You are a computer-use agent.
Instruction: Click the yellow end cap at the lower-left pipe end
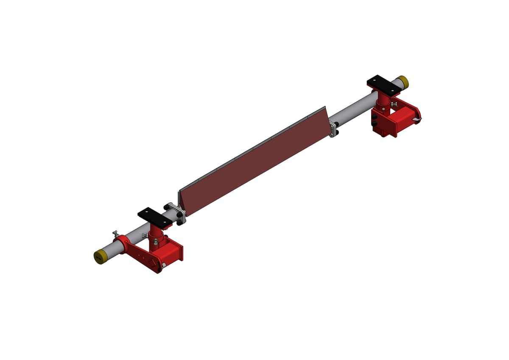click(x=100, y=257)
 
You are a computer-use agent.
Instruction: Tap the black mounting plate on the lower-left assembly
click(x=154, y=216)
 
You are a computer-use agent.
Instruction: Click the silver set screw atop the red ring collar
click(x=115, y=234)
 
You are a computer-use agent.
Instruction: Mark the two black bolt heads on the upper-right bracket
click(x=375, y=118)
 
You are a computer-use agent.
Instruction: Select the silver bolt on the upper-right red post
click(x=394, y=104)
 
